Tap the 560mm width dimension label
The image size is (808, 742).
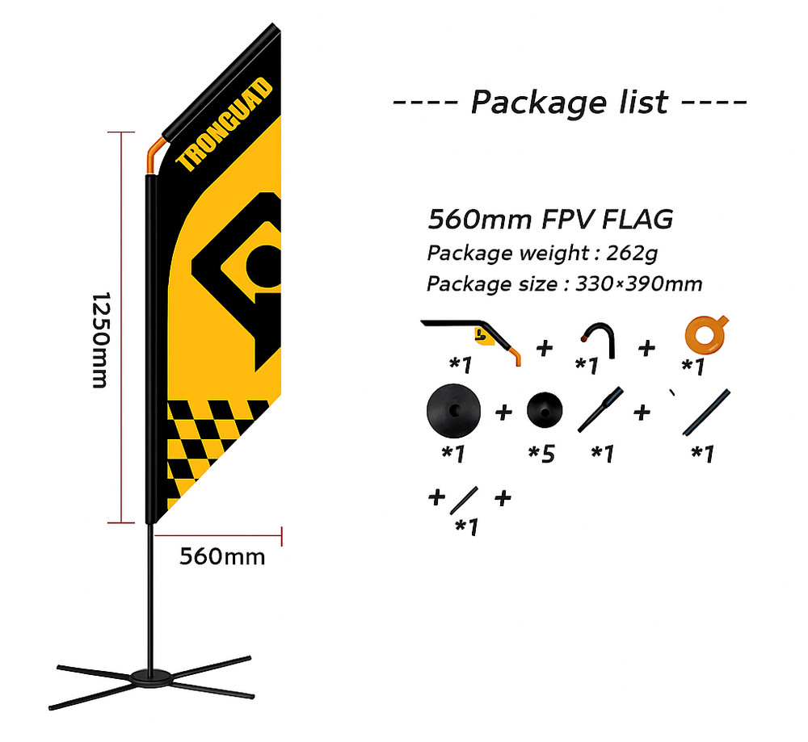221,556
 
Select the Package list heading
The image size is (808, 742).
570,103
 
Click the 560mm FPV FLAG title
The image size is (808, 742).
550,220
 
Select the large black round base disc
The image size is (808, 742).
452,410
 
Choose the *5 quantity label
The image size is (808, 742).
541,454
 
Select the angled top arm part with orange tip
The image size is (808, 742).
473,333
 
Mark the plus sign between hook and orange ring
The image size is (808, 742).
646,348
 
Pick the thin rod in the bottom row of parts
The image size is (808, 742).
464,501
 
